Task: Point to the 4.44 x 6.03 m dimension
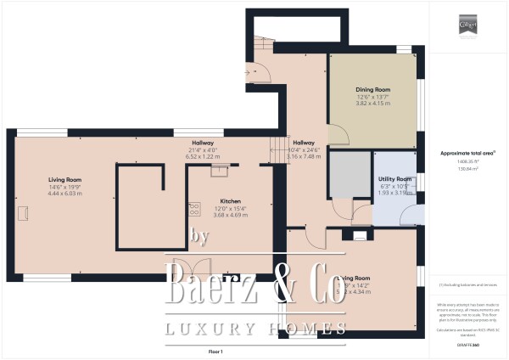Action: tap(64, 194)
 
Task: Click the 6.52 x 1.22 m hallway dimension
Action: tap(202, 157)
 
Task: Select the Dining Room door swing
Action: tap(338, 135)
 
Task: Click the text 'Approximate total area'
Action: tap(467, 153)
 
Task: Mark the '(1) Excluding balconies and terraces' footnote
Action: tap(468, 285)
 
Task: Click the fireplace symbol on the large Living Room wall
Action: tap(23, 217)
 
